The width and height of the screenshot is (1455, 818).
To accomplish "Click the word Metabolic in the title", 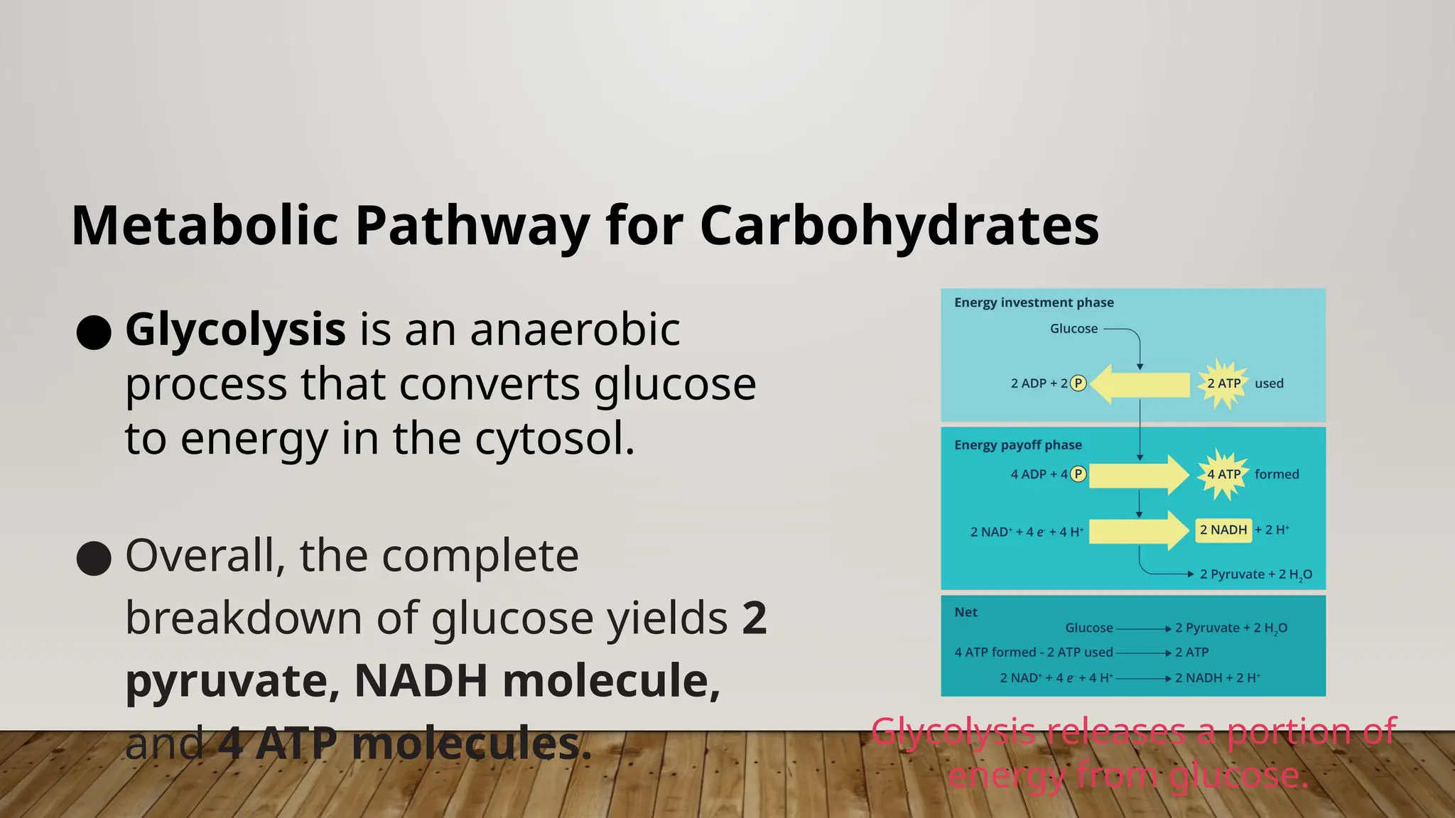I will (x=205, y=226).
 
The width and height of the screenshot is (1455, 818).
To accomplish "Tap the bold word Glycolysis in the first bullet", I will (x=235, y=329).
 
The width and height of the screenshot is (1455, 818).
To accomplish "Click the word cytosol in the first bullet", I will (x=554, y=438).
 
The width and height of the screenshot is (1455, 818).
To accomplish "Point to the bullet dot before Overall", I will (x=94, y=558).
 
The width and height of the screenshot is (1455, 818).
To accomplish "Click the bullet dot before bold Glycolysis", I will (x=94, y=332).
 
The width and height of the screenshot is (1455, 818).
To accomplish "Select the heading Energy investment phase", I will (x=1034, y=302).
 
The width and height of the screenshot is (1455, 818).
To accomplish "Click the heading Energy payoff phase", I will (x=1017, y=445).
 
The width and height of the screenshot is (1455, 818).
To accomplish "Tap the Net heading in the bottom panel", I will (x=966, y=612).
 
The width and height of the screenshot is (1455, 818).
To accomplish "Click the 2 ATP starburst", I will (x=1223, y=383).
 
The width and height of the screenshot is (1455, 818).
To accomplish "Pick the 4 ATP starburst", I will (x=1223, y=474).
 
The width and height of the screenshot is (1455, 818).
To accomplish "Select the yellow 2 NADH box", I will (x=1223, y=530).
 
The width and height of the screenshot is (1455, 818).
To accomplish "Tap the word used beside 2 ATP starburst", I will (x=1269, y=383).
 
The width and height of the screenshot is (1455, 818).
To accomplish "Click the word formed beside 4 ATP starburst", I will (x=1276, y=474).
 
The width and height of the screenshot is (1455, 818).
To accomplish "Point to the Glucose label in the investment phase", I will (x=1073, y=329).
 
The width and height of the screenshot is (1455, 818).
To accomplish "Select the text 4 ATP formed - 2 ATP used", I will (x=1033, y=653).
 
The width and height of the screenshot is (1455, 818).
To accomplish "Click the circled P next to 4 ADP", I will (x=1078, y=474).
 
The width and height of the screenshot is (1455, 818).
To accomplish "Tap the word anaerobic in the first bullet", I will (x=575, y=329).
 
